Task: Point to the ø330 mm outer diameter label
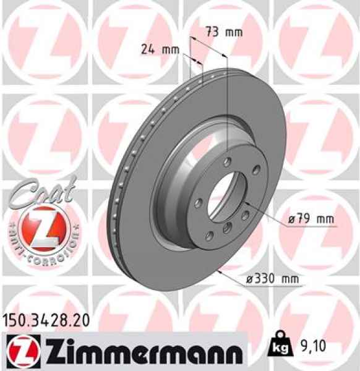272,279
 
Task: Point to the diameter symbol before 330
249,279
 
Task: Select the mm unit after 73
233,32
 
